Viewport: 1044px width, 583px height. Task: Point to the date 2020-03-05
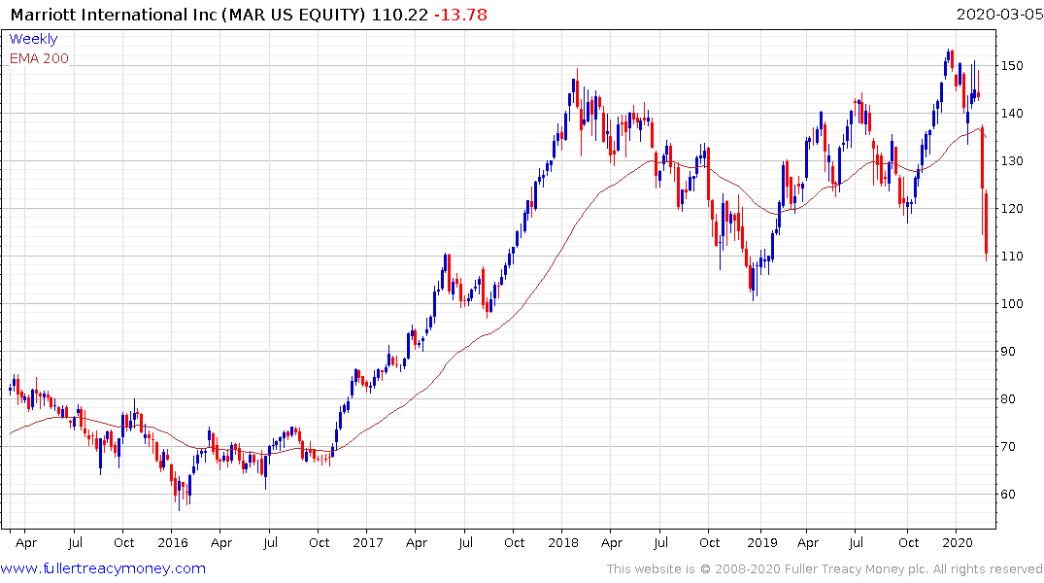coord(996,15)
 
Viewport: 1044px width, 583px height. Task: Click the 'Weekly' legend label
coord(33,39)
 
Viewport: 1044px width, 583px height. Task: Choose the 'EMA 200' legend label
coord(39,58)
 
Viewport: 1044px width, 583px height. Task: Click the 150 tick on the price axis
coord(1016,66)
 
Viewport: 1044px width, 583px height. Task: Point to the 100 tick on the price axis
coord(1016,304)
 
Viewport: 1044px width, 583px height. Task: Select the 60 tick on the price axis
coord(1012,495)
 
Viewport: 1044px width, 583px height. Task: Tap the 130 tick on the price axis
coord(1016,161)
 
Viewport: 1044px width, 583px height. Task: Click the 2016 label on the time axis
coord(172,542)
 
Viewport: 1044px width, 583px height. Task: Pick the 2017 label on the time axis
coord(367,542)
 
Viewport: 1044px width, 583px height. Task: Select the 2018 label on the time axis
coord(564,542)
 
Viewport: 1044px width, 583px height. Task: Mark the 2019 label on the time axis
coord(760,542)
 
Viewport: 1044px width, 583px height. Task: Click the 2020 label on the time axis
coord(958,542)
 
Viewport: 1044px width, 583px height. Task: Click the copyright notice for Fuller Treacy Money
coord(825,568)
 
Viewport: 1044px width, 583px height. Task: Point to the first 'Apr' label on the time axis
coord(25,542)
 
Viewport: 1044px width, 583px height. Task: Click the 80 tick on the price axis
coord(1012,399)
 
